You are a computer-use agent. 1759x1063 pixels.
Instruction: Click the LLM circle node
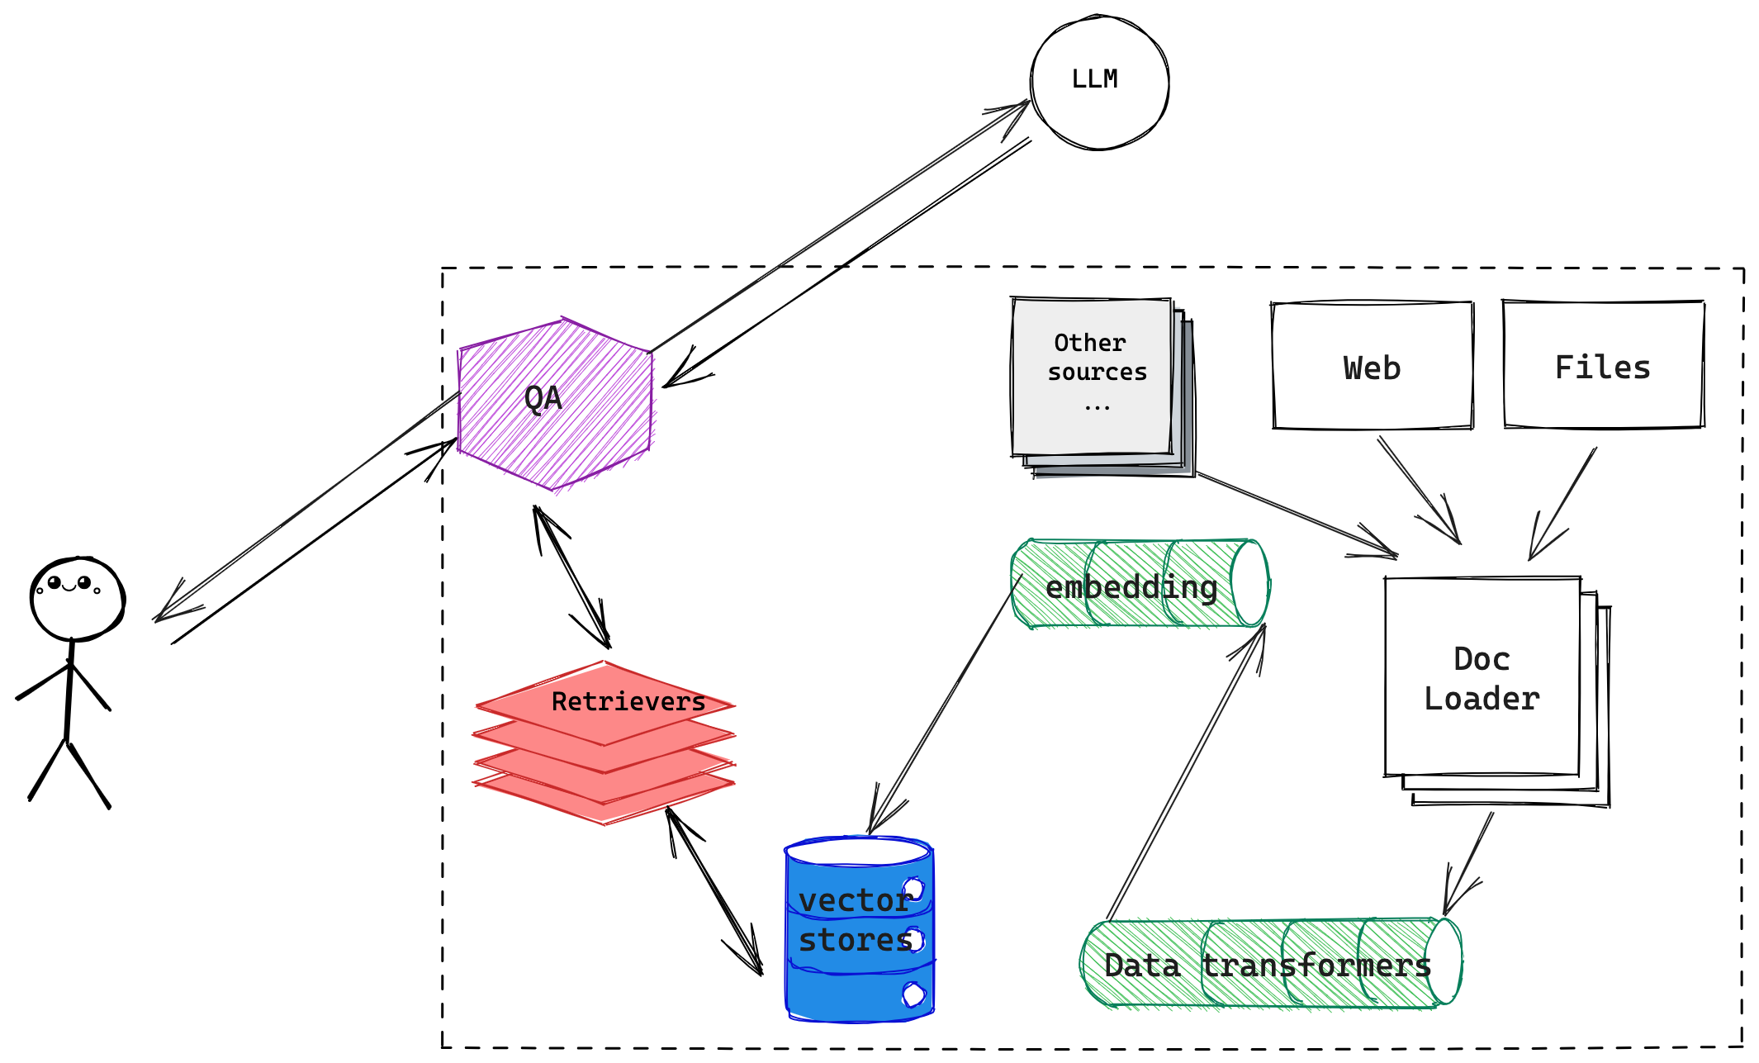(x=1099, y=82)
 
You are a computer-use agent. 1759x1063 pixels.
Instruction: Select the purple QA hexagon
(x=555, y=404)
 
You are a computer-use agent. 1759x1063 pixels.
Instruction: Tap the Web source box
(x=1373, y=366)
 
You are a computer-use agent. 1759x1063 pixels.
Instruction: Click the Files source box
(x=1604, y=364)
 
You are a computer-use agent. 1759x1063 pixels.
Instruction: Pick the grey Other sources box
(x=1102, y=387)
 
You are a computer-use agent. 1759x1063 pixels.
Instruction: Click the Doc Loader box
(x=1497, y=691)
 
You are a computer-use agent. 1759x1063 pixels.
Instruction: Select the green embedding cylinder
(x=1140, y=584)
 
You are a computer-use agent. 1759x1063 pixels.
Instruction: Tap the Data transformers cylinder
(x=1271, y=963)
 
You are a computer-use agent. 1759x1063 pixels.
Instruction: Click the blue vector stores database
(x=859, y=929)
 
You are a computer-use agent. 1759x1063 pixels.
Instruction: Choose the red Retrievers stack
(x=604, y=743)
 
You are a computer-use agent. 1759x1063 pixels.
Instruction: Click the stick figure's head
(x=77, y=599)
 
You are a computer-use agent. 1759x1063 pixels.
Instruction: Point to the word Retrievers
(x=628, y=702)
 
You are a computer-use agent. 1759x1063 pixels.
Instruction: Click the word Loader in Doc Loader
(x=1482, y=699)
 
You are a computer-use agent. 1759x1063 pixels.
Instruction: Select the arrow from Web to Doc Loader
(x=1420, y=491)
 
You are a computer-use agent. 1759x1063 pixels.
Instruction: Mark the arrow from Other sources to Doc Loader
(x=1297, y=515)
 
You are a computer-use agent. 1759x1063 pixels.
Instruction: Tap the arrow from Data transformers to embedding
(x=1186, y=771)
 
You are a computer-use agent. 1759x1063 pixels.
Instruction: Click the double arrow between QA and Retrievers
(x=571, y=577)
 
